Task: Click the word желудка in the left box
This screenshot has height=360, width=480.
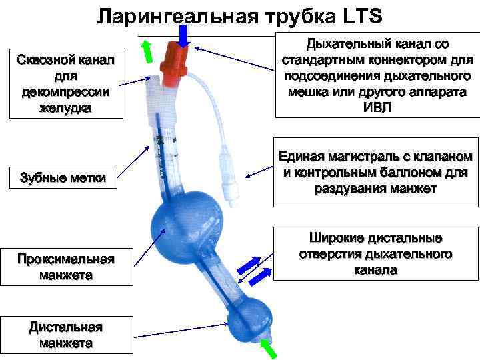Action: click(x=65, y=109)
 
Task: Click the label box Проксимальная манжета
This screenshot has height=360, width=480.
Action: click(x=66, y=267)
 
